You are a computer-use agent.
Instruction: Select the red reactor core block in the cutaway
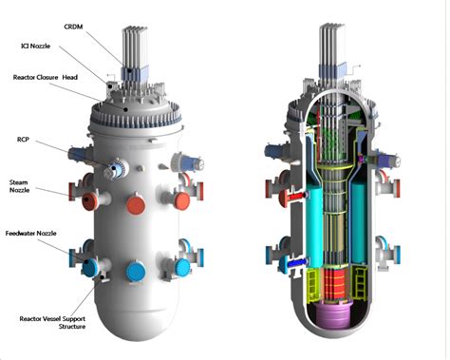tap(331, 286)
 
